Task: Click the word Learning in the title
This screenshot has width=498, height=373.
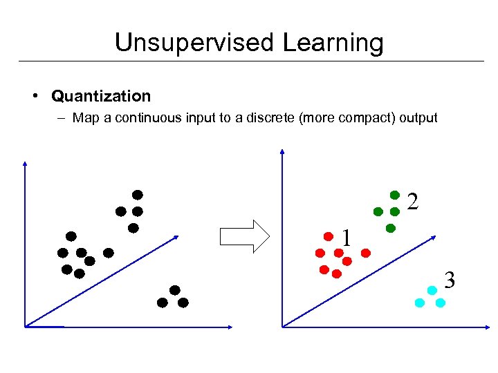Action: click(333, 43)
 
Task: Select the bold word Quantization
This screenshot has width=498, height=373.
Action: click(101, 96)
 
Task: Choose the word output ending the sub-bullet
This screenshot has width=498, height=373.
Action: click(417, 117)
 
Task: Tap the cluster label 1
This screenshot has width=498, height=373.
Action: click(347, 238)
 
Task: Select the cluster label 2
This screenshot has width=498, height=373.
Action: click(412, 201)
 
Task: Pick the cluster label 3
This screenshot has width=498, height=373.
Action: click(450, 280)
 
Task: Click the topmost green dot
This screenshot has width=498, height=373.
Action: click(395, 195)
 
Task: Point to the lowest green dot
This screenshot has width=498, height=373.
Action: click(390, 227)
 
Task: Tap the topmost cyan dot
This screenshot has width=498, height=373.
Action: click(432, 289)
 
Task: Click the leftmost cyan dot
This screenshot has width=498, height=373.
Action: click(419, 303)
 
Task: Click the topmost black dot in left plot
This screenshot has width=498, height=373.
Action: click(138, 194)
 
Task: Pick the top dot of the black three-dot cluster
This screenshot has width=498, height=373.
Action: click(175, 289)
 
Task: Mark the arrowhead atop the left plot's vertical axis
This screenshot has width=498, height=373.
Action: click(24, 163)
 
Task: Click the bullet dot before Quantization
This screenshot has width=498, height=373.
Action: click(36, 96)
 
